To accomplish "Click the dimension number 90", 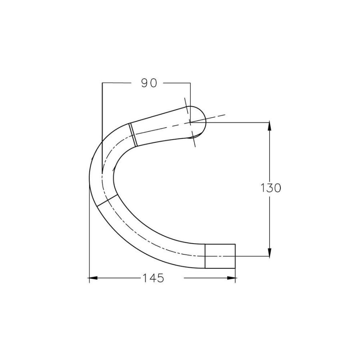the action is [149, 83].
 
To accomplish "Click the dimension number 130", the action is [271, 188].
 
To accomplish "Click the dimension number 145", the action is [153, 278].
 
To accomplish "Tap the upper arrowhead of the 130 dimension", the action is [270, 127].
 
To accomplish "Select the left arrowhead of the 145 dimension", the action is [94, 278].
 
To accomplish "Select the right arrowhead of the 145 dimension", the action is [231, 278].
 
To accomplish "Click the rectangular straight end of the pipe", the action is [220, 256].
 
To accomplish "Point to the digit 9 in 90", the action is [145, 83].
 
